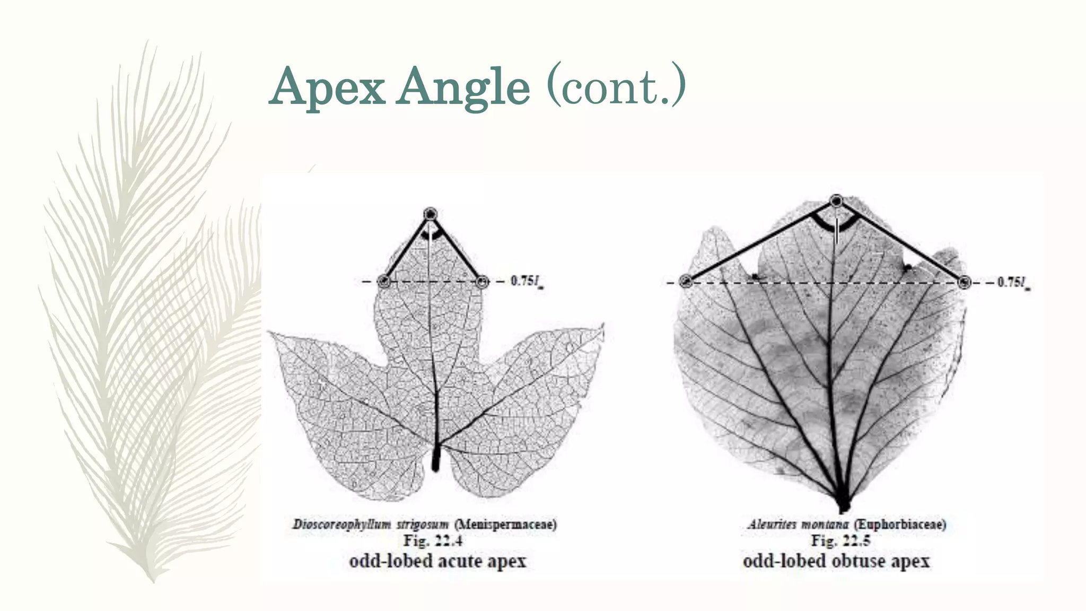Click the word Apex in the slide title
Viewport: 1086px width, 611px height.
pyautogui.click(x=327, y=87)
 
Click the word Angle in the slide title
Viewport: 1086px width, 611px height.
pyautogui.click(x=464, y=87)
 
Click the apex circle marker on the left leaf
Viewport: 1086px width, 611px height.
pyautogui.click(x=430, y=214)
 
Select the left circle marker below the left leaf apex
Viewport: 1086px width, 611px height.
pyautogui.click(x=384, y=281)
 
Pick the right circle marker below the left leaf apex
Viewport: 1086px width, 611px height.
pyautogui.click(x=481, y=281)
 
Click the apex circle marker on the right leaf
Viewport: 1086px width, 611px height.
pyautogui.click(x=836, y=201)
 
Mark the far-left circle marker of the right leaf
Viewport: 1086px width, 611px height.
pyautogui.click(x=686, y=282)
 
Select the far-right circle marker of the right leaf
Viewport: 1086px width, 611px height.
pyautogui.click(x=964, y=282)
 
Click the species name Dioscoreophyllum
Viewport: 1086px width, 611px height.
pyautogui.click(x=341, y=525)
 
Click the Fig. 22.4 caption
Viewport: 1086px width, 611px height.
pyautogui.click(x=432, y=541)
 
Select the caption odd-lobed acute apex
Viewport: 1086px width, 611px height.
pyautogui.click(x=437, y=561)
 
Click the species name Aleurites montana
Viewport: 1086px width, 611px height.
pyautogui.click(x=798, y=525)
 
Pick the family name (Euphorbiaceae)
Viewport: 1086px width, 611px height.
pyautogui.click(x=899, y=525)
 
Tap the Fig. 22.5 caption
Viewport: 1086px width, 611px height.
pyautogui.click(x=840, y=541)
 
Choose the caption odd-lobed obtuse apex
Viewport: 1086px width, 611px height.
pyautogui.click(x=836, y=561)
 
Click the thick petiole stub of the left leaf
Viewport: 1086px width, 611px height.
pyautogui.click(x=436, y=459)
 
